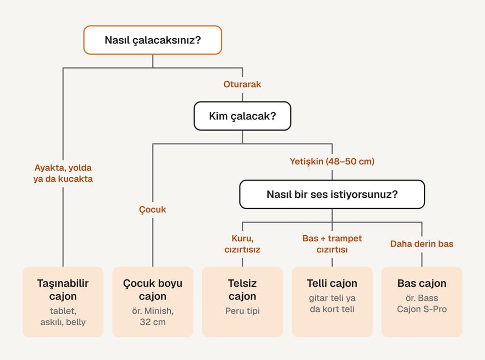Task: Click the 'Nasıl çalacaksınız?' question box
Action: click(153, 40)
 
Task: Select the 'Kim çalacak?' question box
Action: click(242, 116)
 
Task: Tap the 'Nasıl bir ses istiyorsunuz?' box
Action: click(332, 194)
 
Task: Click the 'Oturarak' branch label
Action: click(242, 84)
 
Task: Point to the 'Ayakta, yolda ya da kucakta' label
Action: click(63, 173)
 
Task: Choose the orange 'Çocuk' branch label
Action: click(153, 210)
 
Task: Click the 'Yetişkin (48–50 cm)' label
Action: click(332, 161)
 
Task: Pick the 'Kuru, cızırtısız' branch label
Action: click(243, 244)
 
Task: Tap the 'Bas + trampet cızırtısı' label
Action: click(332, 244)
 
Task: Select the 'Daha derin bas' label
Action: click(422, 244)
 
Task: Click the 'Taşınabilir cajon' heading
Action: click(63, 289)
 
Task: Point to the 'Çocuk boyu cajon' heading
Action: click(153, 289)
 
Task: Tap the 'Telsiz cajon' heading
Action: click(243, 289)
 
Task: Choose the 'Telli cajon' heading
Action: click(332, 283)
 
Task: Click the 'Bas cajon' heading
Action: click(422, 283)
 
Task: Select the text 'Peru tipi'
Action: click(243, 311)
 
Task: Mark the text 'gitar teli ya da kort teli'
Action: click(332, 303)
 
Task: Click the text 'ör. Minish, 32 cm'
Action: click(153, 317)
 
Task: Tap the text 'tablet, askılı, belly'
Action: click(63, 317)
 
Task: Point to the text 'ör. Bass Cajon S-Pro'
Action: click(422, 303)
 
